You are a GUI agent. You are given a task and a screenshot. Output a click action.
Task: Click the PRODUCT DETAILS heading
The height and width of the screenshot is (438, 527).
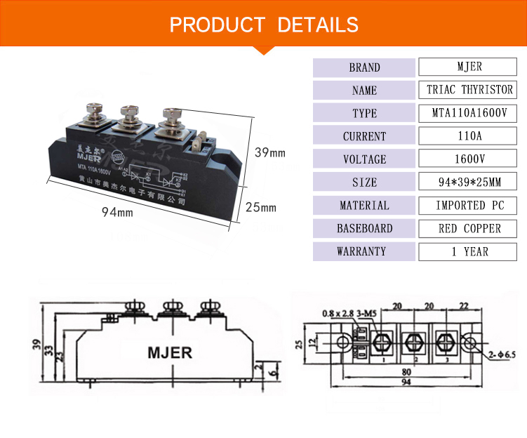(264, 25)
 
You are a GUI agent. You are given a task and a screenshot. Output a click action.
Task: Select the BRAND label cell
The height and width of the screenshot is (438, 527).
(364, 67)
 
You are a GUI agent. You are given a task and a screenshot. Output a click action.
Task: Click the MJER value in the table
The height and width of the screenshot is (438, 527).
(468, 67)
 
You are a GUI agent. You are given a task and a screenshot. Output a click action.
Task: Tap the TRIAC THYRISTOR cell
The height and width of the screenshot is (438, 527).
(468, 91)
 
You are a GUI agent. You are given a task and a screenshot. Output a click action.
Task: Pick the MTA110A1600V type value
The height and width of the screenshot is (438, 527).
(468, 113)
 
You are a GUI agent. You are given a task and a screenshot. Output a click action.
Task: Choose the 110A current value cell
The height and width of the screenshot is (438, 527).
(468, 136)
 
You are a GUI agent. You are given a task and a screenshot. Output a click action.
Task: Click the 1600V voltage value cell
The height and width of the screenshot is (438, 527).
(468, 159)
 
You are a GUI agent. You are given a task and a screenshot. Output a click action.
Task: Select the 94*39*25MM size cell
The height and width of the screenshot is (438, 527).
(468, 182)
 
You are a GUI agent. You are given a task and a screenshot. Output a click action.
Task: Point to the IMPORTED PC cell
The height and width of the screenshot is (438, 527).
(468, 206)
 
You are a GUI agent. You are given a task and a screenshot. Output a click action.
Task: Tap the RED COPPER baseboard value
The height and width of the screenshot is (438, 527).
(468, 228)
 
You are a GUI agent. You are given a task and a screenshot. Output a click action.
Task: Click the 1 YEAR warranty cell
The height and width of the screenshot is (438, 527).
(468, 251)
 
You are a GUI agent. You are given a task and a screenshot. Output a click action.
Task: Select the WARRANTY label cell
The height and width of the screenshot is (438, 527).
(364, 251)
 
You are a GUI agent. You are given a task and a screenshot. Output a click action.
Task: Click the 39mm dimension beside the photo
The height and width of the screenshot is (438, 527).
(269, 152)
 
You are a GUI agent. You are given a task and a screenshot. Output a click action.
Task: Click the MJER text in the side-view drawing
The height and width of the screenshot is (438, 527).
(168, 352)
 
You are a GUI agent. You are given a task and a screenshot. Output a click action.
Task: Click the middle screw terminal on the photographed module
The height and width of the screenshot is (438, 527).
(131, 116)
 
